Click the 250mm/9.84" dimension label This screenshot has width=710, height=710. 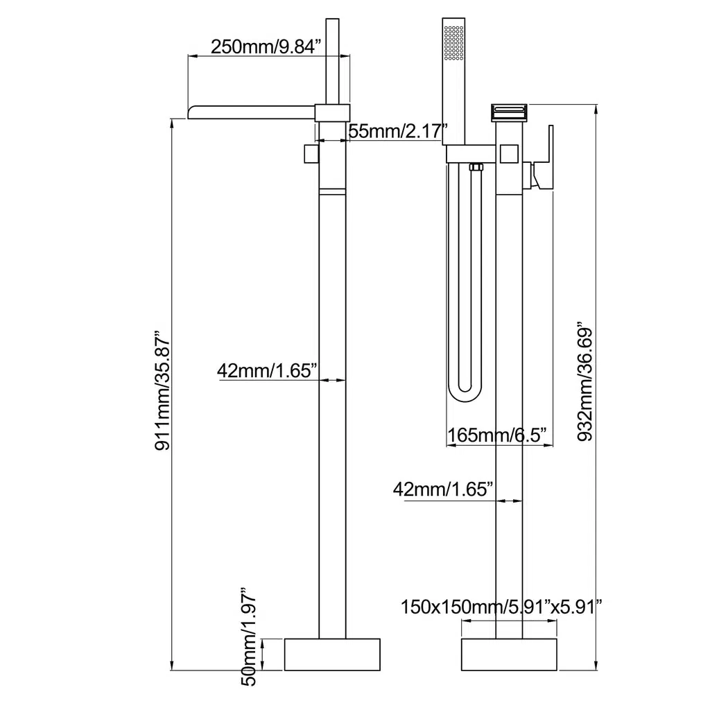266,46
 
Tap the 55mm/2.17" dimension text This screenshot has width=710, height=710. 395,131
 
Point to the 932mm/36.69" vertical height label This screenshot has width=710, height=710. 585,381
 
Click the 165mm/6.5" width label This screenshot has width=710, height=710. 500,435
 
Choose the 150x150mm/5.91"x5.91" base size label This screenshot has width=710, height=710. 501,607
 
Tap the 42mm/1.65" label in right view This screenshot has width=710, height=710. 443,489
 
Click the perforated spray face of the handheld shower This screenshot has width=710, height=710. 453,42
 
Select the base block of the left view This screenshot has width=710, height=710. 332,655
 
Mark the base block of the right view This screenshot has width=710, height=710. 509,655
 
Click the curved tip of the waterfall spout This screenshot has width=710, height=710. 195,112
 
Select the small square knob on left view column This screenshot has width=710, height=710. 311,154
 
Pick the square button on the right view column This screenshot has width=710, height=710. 510,154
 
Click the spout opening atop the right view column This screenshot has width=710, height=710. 510,112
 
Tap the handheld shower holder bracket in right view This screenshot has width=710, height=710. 471,154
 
